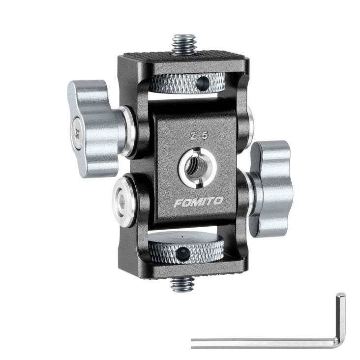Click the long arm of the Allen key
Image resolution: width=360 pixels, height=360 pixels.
[x=261, y=342]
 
